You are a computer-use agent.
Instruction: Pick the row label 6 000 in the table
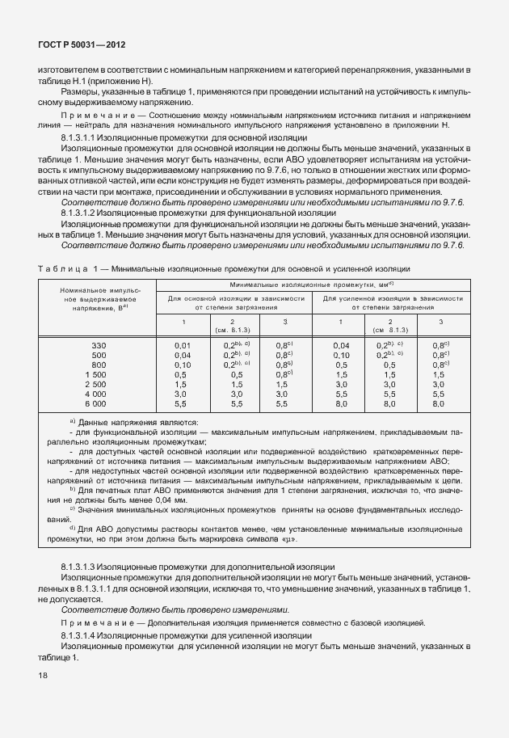pos(96,403)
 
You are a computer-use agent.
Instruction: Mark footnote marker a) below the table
pos(72,421)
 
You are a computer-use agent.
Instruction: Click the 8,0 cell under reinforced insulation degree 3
pos(439,403)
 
